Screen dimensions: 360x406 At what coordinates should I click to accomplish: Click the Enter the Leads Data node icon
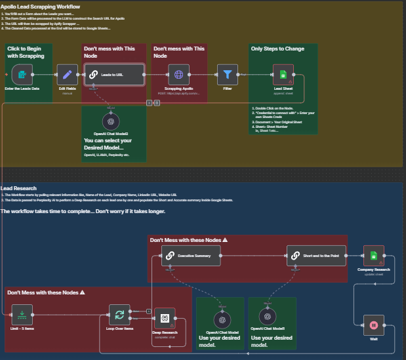pos(24,75)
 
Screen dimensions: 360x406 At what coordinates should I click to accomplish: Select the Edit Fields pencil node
pos(67,75)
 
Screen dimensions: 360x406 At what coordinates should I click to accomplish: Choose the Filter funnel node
pos(228,75)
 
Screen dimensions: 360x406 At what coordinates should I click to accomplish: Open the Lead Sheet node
pos(283,75)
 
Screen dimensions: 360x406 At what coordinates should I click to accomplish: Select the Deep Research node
pos(165,319)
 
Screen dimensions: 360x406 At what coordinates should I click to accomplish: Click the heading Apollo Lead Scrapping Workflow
pos(40,7)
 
